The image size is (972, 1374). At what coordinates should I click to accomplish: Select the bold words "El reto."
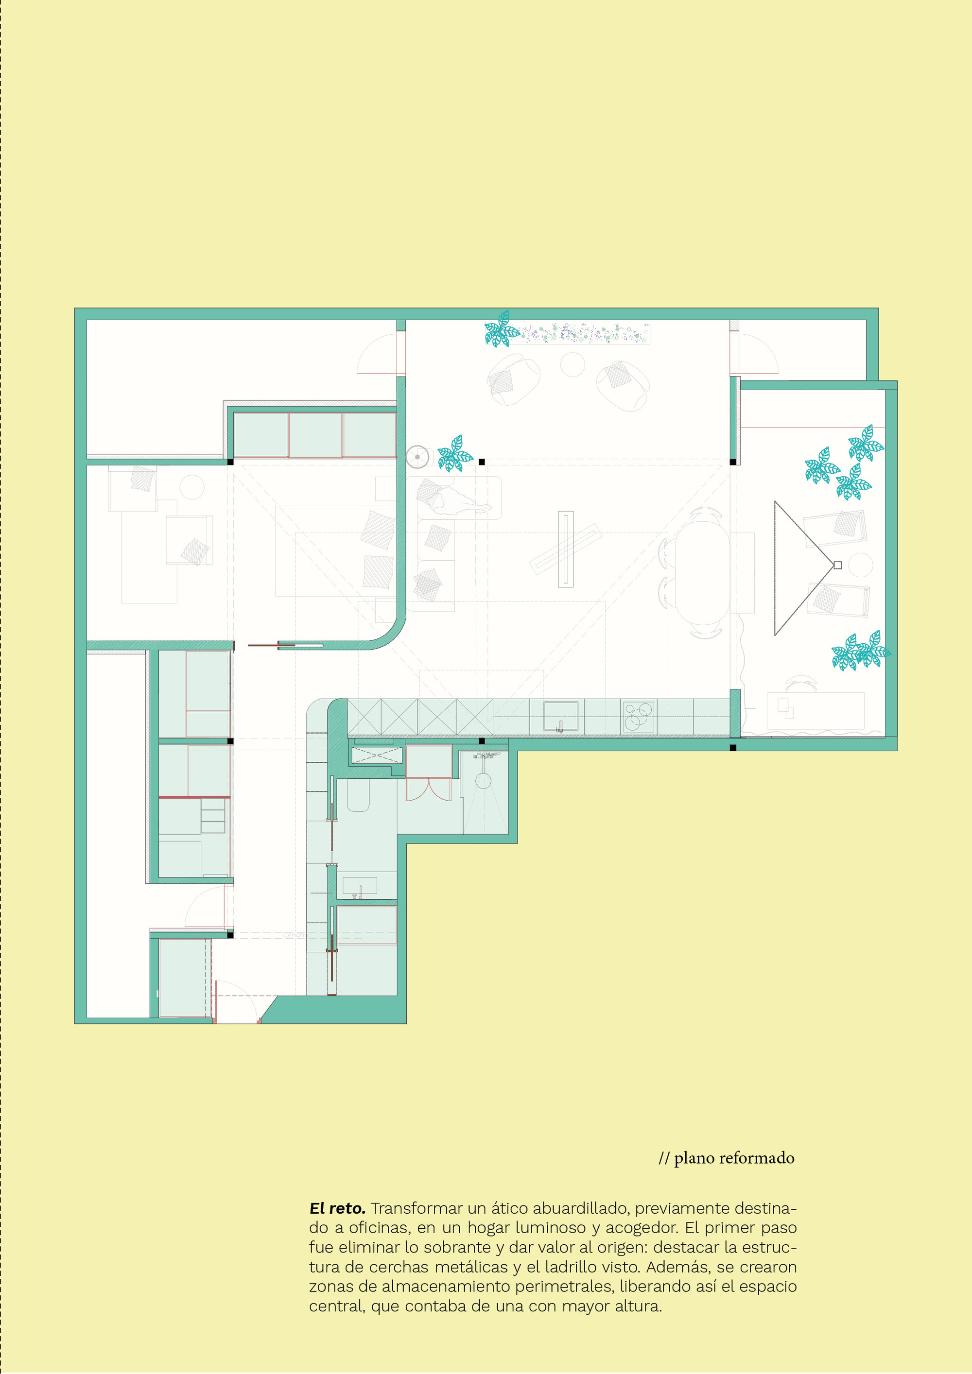337,1208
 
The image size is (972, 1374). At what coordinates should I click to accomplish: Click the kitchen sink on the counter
560,716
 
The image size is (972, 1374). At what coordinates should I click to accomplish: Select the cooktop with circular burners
638,716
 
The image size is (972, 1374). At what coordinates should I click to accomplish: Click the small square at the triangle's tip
837,565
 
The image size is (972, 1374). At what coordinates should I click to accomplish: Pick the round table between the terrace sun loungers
861,565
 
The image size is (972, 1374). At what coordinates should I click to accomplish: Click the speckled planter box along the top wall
584,333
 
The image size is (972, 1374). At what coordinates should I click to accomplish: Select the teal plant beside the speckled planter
501,329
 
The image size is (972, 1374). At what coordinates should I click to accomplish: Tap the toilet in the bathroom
359,795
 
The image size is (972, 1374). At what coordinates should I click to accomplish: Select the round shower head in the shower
483,780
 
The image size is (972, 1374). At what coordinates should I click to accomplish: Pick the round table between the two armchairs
572,364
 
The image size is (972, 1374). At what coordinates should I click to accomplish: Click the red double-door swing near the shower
429,789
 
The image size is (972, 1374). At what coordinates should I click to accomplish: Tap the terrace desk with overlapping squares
815,710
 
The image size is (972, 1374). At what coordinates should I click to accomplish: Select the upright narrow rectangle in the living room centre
566,549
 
